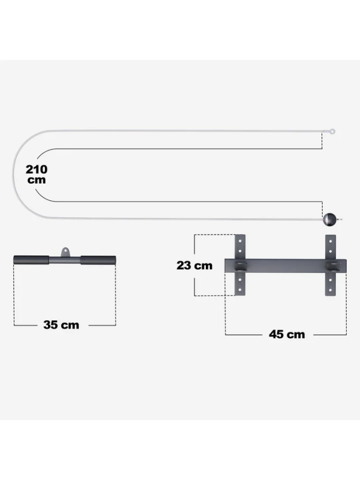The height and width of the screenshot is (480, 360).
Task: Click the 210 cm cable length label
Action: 37,174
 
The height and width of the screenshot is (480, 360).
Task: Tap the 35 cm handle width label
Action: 61,325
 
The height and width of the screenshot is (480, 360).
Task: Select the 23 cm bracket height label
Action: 194,265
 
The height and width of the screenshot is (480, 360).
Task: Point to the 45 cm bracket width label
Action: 287,334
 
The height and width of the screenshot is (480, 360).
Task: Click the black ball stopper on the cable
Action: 330,220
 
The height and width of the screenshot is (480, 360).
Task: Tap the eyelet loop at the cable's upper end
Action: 332,131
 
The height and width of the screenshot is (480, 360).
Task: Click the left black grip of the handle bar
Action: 31,260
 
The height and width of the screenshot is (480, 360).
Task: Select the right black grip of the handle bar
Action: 98,260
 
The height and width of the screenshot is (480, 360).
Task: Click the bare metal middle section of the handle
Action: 65,260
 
